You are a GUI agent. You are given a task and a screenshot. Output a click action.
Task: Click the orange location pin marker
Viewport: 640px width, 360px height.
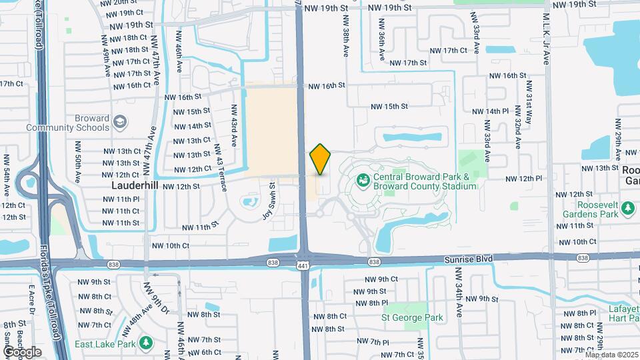pyautogui.click(x=320, y=159)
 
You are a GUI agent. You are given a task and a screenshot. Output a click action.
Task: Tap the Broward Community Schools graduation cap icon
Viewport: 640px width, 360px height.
pyautogui.click(x=119, y=123)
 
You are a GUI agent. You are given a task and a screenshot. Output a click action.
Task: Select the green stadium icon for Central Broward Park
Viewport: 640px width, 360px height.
pyautogui.click(x=363, y=179)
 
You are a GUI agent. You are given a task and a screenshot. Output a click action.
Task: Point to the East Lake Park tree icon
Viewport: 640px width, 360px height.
pyautogui.click(x=146, y=343)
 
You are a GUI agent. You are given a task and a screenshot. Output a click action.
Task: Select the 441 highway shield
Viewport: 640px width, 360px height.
pyautogui.click(x=303, y=265)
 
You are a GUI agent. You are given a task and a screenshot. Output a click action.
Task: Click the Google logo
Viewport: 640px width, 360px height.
pyautogui.click(x=23, y=351)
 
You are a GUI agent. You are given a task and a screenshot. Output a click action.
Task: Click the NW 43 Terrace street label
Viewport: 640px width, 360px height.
pyautogui.click(x=222, y=169)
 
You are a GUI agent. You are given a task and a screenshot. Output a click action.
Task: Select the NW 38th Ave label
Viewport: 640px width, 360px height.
pyautogui.click(x=346, y=41)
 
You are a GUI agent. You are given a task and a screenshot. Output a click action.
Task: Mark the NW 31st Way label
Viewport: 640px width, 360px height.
pyautogui.click(x=529, y=98)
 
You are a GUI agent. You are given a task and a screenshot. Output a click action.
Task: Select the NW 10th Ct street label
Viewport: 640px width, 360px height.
pyautogui.click(x=575, y=241)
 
